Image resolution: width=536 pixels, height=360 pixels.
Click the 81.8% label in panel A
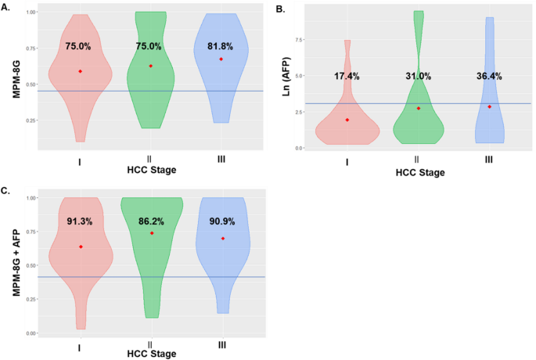tap(221, 46)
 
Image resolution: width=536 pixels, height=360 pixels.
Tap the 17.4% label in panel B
tap(347, 76)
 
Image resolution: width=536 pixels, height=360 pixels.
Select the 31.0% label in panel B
tap(418, 76)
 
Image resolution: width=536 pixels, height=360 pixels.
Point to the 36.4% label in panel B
tap(489, 76)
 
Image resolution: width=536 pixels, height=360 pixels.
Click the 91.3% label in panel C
tap(81, 221)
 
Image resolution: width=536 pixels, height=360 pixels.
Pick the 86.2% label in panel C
tap(151, 221)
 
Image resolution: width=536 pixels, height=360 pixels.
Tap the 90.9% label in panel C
tap(221, 221)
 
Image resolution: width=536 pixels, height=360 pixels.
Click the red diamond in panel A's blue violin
tap(221, 59)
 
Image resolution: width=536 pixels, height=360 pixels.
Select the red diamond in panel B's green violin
tap(419, 108)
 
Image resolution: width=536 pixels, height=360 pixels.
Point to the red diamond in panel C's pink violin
tap(81, 247)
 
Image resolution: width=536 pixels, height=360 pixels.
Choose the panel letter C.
tap(6, 190)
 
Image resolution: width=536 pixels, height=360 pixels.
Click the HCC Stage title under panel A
tap(151, 170)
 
